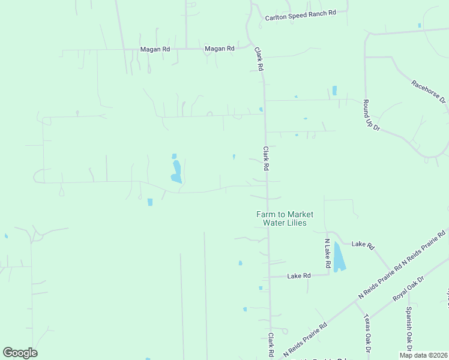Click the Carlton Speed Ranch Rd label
[300, 15]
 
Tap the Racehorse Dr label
[429, 91]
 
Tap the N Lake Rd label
[328, 253]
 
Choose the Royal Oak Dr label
[408, 289]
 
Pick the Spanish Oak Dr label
[409, 329]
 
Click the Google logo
[20, 353]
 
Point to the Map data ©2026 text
[424, 355]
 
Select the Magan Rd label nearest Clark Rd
[219, 49]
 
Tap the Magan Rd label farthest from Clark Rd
[154, 49]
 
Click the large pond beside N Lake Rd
[339, 257]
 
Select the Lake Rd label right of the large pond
[363, 245]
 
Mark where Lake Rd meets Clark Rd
[269, 277]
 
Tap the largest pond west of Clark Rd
[176, 172]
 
